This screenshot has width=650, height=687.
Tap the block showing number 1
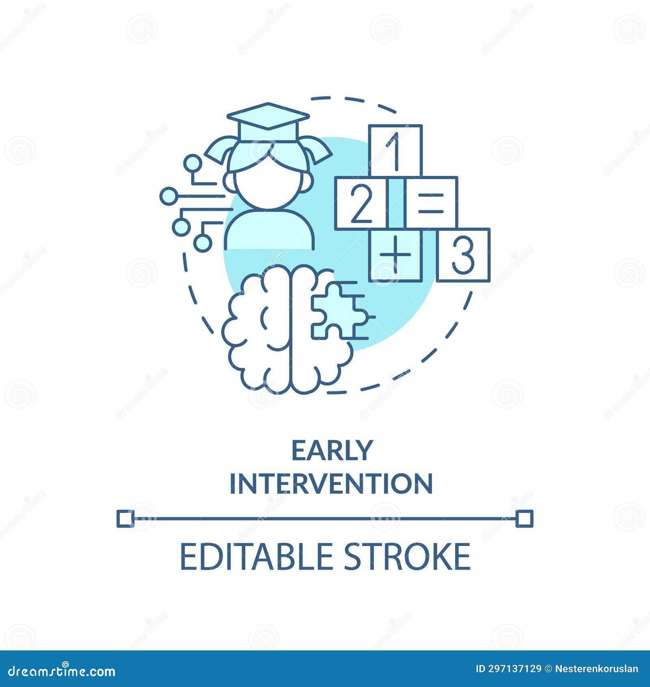(x=395, y=150)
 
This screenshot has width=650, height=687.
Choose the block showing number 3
(x=463, y=255)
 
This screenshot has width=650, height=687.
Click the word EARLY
(x=331, y=450)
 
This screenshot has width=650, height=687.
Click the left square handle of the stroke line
(x=125, y=519)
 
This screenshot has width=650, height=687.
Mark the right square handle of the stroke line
(x=524, y=519)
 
